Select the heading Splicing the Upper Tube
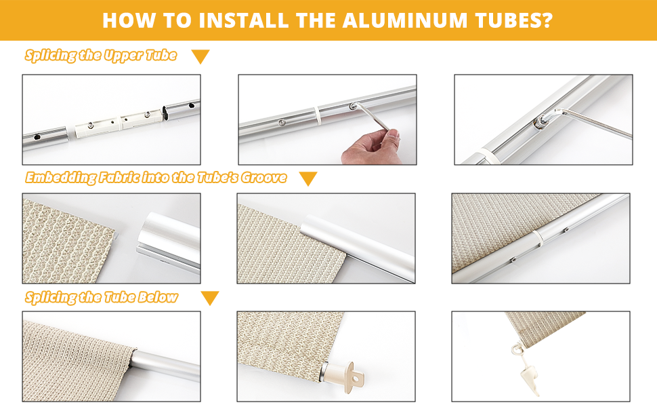[101, 56]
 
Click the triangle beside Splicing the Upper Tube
[200, 56]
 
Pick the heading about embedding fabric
[156, 178]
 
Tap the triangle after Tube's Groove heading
[308, 179]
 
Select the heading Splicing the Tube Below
[102, 297]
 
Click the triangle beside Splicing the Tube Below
[210, 298]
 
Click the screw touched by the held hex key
[354, 106]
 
